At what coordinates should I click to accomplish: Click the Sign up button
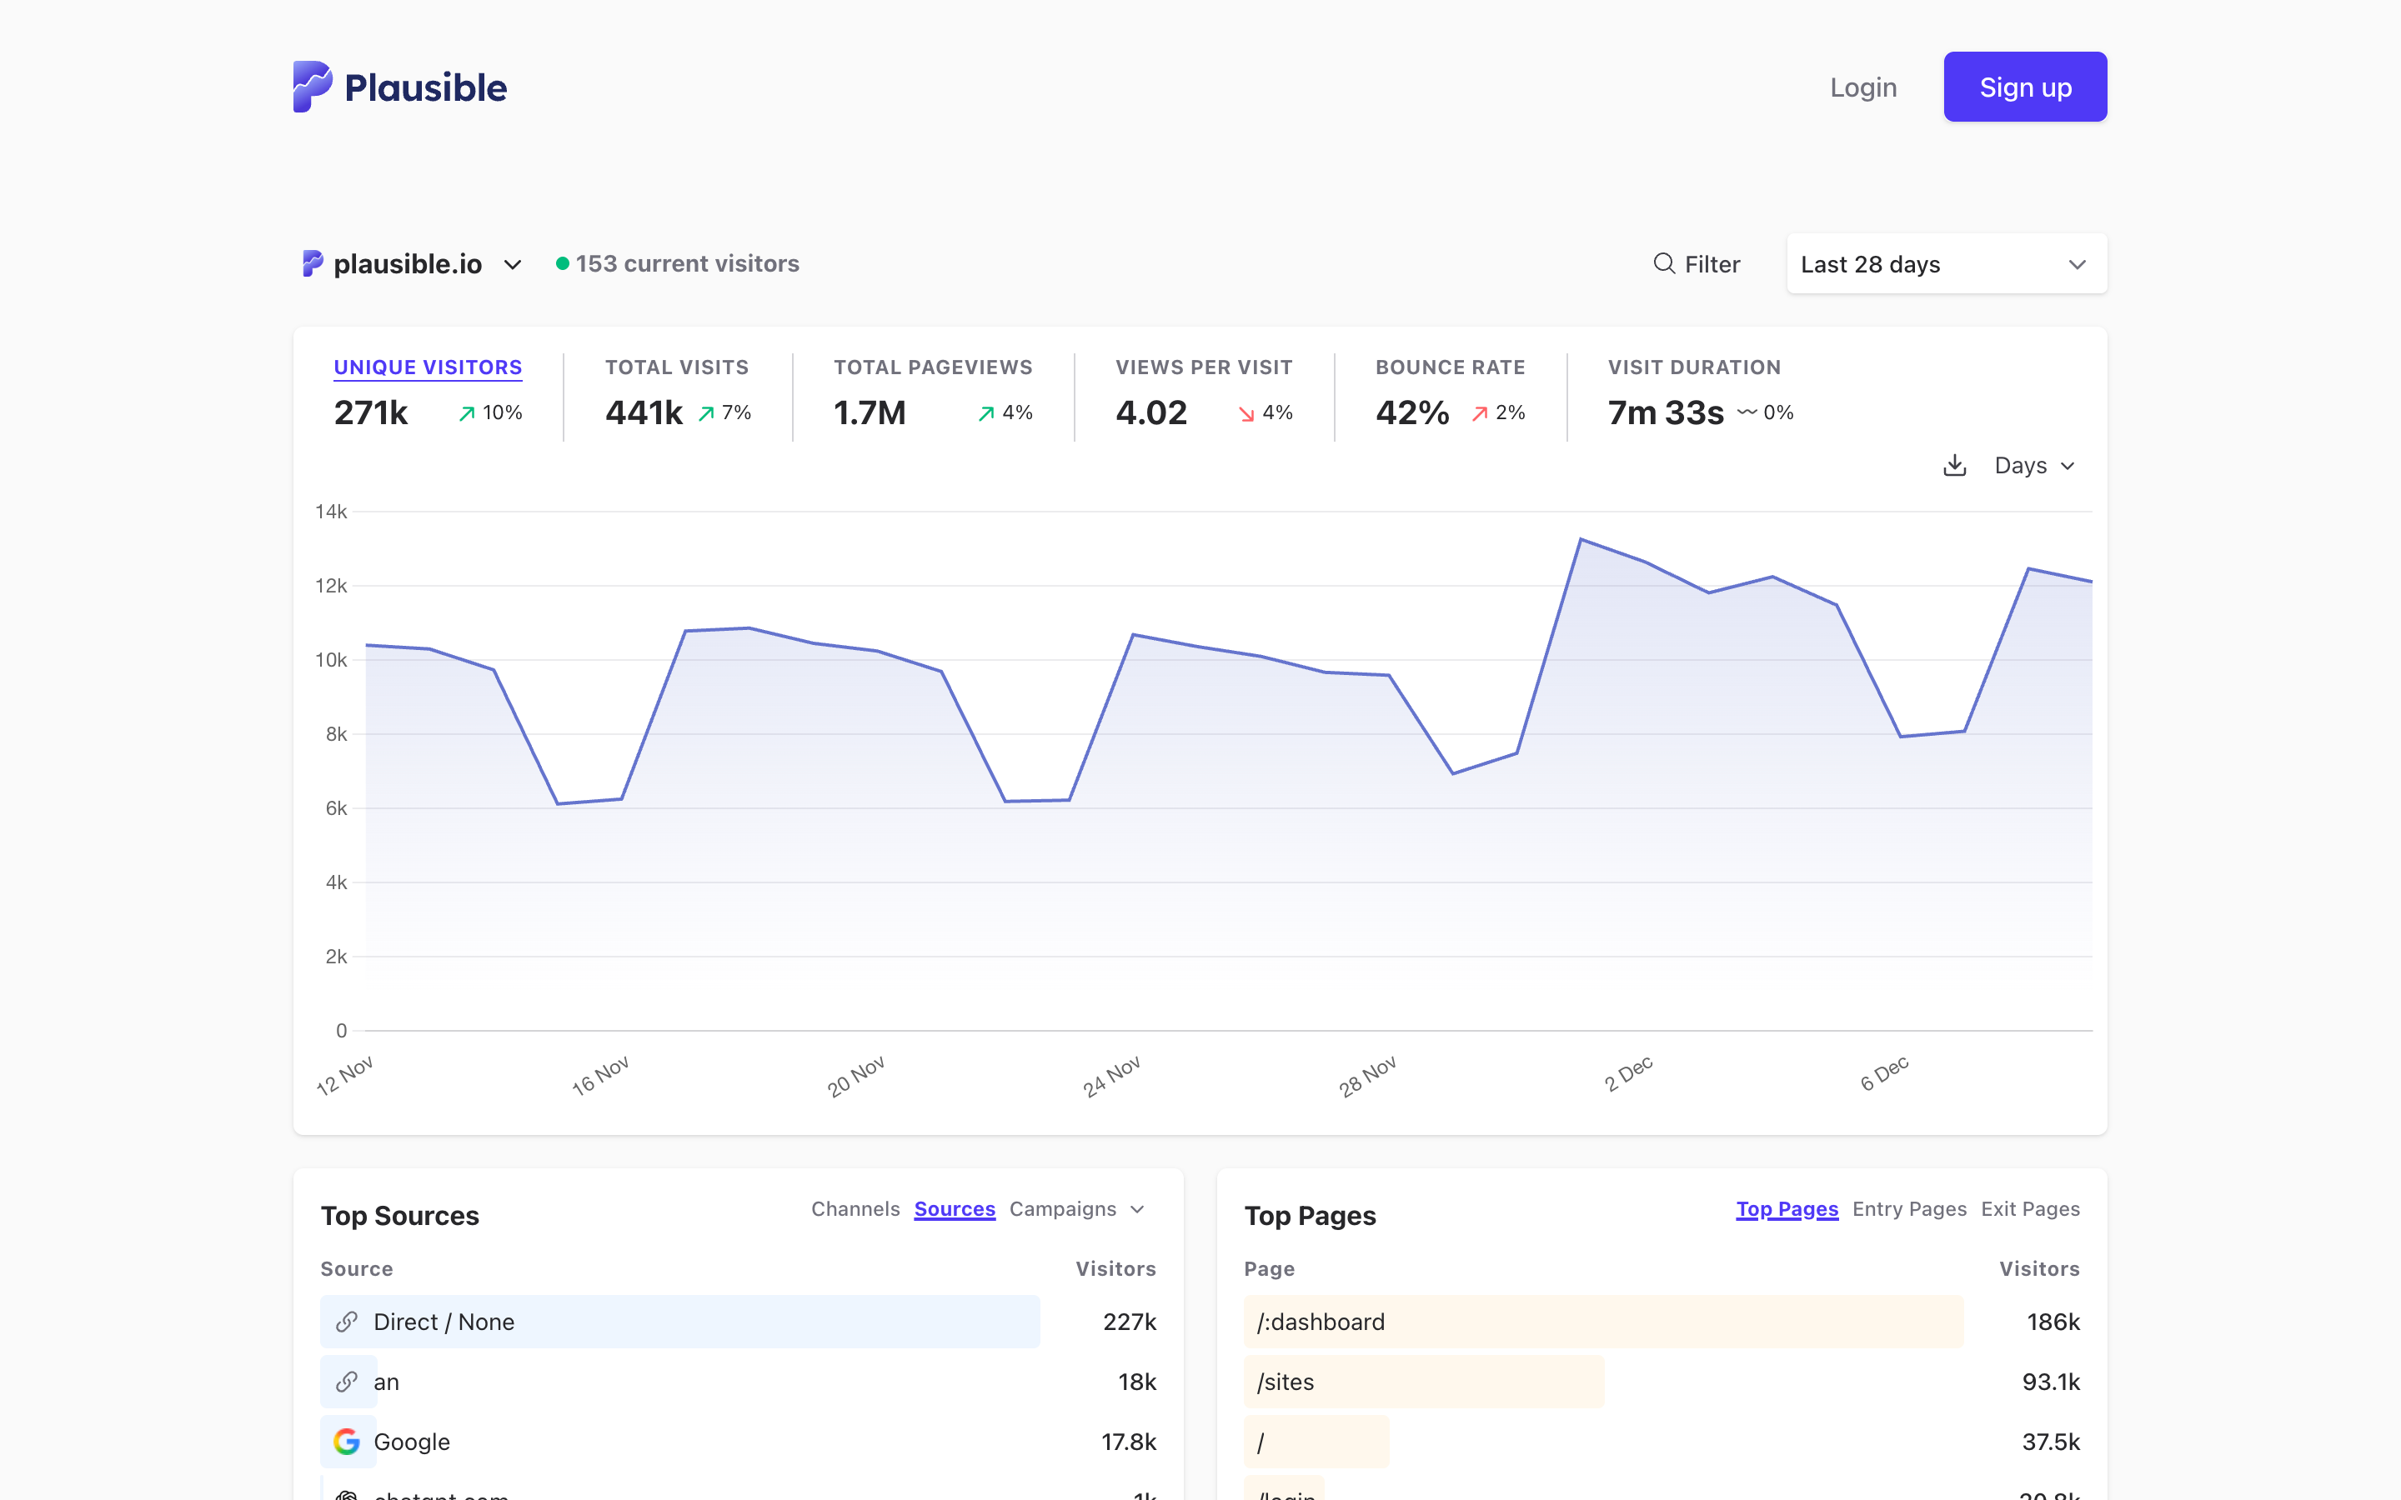click(x=2024, y=87)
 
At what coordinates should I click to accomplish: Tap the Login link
click(x=1862, y=87)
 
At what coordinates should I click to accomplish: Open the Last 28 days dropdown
click(x=1946, y=264)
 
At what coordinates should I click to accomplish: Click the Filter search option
click(x=1697, y=264)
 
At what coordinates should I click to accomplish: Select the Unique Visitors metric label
click(x=428, y=367)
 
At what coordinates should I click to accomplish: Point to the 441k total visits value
click(x=644, y=412)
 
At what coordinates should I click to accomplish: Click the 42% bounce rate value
click(x=1411, y=412)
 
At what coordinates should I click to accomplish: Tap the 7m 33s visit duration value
click(x=1666, y=412)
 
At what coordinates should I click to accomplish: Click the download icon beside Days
click(x=1953, y=465)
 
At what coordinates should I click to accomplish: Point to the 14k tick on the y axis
click(x=331, y=512)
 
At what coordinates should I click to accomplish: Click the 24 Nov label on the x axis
click(x=1111, y=1077)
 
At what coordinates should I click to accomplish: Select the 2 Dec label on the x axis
click(x=1628, y=1074)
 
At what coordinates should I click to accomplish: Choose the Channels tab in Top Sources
click(x=855, y=1209)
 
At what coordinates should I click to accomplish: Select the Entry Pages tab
click(x=1909, y=1209)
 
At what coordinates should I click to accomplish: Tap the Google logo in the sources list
click(x=346, y=1442)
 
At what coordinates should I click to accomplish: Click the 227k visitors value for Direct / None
click(x=1129, y=1322)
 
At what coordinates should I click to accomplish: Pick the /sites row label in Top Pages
click(x=1285, y=1382)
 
